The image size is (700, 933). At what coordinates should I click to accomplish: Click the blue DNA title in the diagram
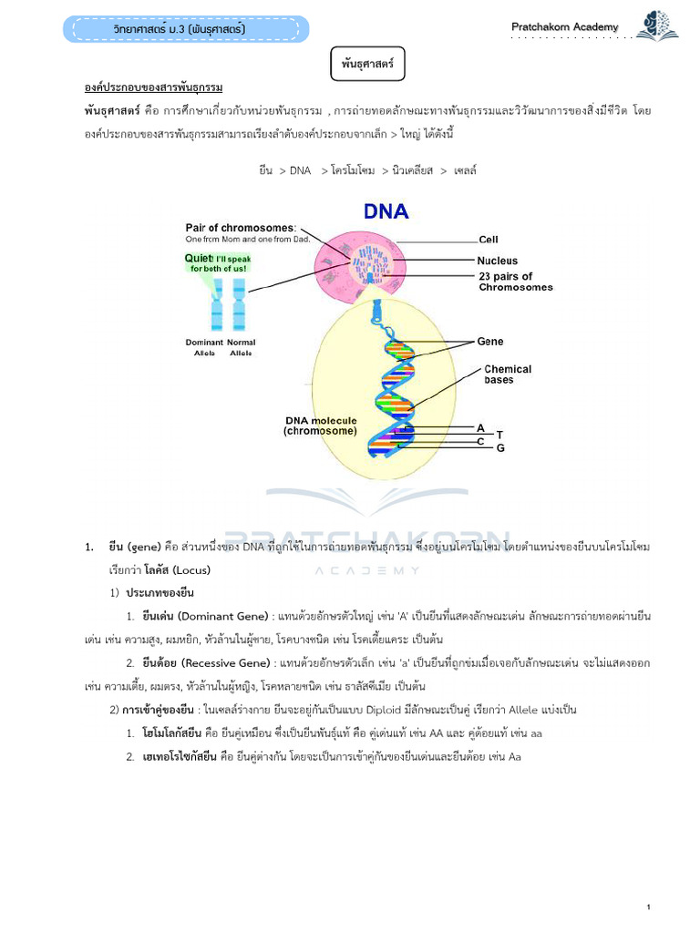point(386,212)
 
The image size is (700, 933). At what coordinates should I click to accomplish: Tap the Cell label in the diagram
point(489,241)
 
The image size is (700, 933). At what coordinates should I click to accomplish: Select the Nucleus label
point(498,261)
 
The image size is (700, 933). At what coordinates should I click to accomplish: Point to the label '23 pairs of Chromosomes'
point(516,282)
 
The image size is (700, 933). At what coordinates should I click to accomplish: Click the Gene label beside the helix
point(490,342)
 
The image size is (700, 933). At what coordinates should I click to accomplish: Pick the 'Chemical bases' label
point(508,374)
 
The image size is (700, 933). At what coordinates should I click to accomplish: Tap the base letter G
point(499,448)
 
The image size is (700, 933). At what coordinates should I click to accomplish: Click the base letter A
point(480,426)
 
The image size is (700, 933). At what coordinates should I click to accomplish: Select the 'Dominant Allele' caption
point(204,347)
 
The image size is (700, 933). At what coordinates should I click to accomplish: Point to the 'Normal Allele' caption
point(242,347)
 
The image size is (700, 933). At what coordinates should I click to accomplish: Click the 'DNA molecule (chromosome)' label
point(320,425)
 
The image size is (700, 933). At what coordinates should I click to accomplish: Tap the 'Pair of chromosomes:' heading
point(241,228)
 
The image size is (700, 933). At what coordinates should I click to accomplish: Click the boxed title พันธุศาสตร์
point(365,66)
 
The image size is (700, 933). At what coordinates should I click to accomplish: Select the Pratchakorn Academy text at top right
point(564,27)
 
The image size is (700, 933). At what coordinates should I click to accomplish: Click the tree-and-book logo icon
point(657,26)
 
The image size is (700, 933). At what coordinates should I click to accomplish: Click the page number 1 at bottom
point(647,881)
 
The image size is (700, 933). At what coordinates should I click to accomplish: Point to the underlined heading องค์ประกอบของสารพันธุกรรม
point(153,87)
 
